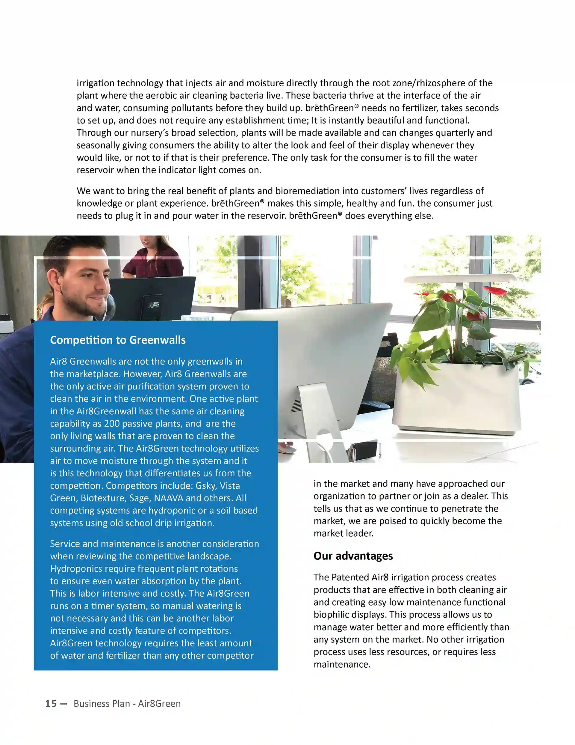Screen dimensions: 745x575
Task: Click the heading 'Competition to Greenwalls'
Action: pyautogui.click(x=118, y=340)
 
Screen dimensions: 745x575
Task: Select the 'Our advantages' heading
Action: pyautogui.click(x=353, y=556)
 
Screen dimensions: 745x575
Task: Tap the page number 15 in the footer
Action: pyautogui.click(x=51, y=704)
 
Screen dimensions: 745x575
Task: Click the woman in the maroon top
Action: pyautogui.click(x=152, y=259)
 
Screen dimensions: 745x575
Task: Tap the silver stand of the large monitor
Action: pyautogui.click(x=310, y=420)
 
